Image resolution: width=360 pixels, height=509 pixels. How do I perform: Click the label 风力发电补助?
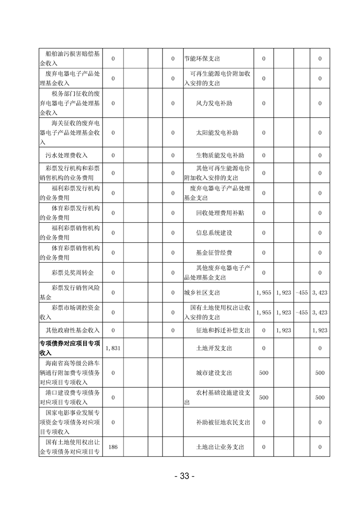(x=214, y=103)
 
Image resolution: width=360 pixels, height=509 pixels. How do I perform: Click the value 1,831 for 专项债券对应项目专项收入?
(x=112, y=348)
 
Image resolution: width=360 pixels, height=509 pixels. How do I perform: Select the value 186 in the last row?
(x=113, y=447)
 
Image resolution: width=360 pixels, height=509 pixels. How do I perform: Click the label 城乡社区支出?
(x=202, y=293)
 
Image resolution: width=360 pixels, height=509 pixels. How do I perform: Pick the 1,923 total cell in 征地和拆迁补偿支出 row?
(x=320, y=331)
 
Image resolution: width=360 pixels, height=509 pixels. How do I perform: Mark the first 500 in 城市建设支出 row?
(x=263, y=372)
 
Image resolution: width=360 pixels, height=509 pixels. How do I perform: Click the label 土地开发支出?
(x=214, y=348)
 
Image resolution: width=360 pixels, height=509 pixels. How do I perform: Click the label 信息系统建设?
(x=214, y=233)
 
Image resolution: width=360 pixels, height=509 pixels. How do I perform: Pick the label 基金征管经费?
(x=214, y=253)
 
